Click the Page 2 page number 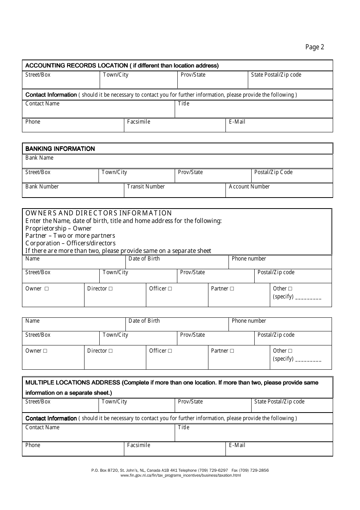315,47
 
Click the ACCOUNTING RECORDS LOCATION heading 122,66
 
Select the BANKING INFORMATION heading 60,149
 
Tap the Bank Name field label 39,158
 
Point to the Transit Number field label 146,187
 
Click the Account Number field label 249,187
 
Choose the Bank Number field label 42,187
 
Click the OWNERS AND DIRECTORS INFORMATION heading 99,213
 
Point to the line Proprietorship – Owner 58,228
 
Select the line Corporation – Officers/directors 70,243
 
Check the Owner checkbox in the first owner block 47,289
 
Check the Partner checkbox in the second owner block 232,351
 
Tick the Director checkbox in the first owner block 111,289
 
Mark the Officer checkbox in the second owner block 170,351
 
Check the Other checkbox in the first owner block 290,289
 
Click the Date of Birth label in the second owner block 144,321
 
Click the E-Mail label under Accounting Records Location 237,122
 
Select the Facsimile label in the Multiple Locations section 138,445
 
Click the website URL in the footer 180,475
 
